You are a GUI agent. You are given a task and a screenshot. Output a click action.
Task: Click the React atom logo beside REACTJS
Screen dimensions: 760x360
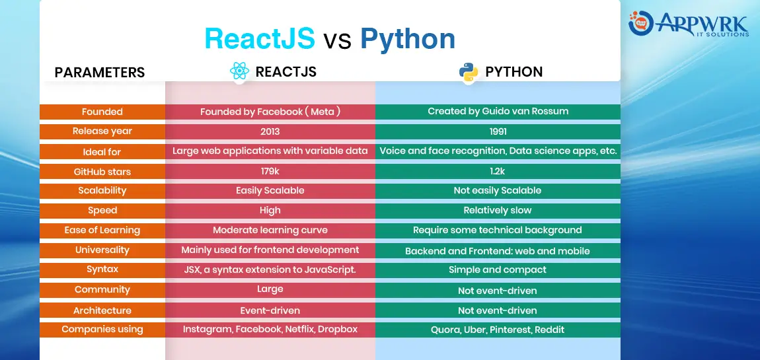pos(239,71)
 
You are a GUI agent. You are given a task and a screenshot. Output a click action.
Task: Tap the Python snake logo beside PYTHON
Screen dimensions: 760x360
pos(469,72)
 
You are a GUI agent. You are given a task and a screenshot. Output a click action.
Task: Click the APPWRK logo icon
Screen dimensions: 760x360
pos(641,22)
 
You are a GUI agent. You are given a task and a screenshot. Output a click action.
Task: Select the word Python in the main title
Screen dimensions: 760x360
pos(408,38)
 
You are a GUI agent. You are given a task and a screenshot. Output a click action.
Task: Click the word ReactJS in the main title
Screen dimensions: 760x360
pos(260,38)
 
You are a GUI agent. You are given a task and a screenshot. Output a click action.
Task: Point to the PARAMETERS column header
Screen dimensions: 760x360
pos(100,72)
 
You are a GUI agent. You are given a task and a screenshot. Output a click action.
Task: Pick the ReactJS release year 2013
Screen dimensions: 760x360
pos(270,131)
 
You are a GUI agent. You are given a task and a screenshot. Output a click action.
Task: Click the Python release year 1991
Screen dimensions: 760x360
pos(497,131)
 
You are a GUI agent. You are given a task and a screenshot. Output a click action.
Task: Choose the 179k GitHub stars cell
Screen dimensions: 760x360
pos(270,171)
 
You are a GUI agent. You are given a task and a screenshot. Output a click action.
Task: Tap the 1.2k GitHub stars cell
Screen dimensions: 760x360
pos(497,171)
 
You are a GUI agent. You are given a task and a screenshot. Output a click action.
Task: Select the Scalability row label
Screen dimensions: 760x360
pos(102,190)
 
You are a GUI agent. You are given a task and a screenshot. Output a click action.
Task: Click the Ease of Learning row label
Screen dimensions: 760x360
pos(102,230)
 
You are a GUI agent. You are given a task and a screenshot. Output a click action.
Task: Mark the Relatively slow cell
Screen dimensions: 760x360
pos(497,210)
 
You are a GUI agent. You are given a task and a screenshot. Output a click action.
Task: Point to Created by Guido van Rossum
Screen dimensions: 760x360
pos(498,112)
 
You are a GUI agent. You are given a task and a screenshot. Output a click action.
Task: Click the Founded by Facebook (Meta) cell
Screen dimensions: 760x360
pos(270,112)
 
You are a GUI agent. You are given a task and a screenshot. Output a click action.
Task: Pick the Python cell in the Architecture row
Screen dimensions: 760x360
pos(497,310)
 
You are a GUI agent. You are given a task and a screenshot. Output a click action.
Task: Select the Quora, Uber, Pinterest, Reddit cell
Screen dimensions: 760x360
pos(497,330)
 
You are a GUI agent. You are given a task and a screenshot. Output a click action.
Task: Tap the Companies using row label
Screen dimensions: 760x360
pos(102,330)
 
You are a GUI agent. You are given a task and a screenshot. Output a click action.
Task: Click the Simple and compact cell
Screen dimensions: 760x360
pos(497,270)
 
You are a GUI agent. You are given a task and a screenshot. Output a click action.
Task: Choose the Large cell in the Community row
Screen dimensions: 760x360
pos(270,289)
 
